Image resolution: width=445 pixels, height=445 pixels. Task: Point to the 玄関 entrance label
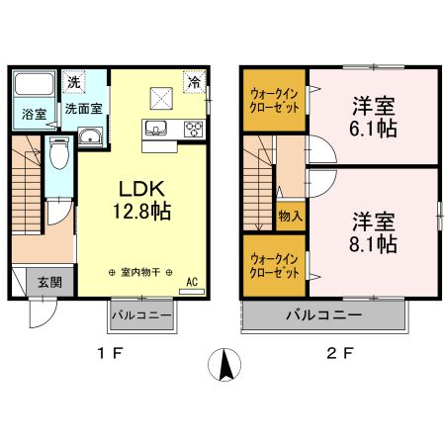pos(37,281)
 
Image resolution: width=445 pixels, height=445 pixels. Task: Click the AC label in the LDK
pos(193,281)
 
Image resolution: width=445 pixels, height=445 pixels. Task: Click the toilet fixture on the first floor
pos(60,154)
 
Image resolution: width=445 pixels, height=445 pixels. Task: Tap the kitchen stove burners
pos(192,128)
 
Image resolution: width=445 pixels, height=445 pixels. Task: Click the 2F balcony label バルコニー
pos(323,315)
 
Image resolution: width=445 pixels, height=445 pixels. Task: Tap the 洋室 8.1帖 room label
pos(373,231)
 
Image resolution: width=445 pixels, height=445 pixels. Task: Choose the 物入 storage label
pos(290,215)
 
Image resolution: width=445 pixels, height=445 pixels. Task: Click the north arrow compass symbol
pos(225,366)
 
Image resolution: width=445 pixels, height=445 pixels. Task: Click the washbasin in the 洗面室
pos(89,137)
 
